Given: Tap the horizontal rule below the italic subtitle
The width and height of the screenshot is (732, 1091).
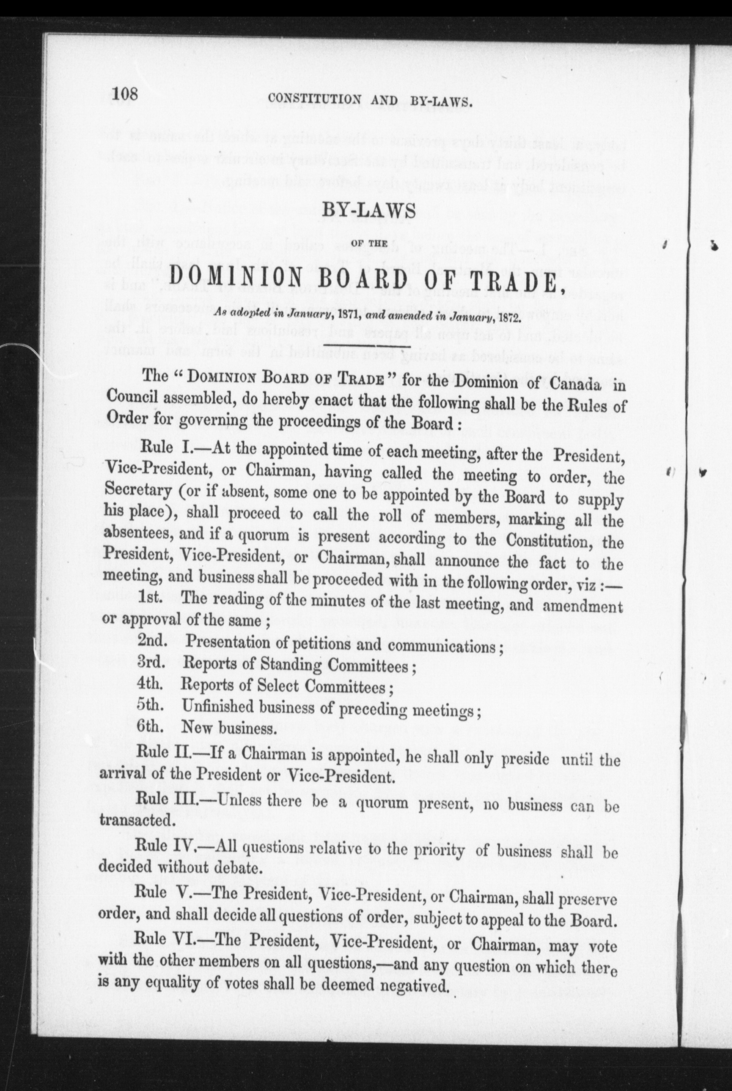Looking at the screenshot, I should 367,346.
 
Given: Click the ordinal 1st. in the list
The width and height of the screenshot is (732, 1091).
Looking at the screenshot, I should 150,598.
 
